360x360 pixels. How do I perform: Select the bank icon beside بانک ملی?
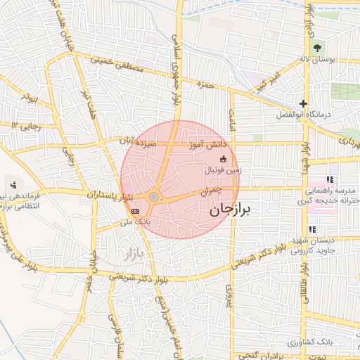[135, 210]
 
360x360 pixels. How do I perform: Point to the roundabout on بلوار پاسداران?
[153, 198]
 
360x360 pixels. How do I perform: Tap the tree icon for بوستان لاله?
[317, 47]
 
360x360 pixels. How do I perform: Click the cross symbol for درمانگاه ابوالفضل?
[303, 103]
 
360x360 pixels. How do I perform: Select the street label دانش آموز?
[207, 144]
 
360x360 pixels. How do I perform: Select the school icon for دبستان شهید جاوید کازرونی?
[312, 229]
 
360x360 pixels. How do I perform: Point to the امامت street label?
[230, 120]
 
